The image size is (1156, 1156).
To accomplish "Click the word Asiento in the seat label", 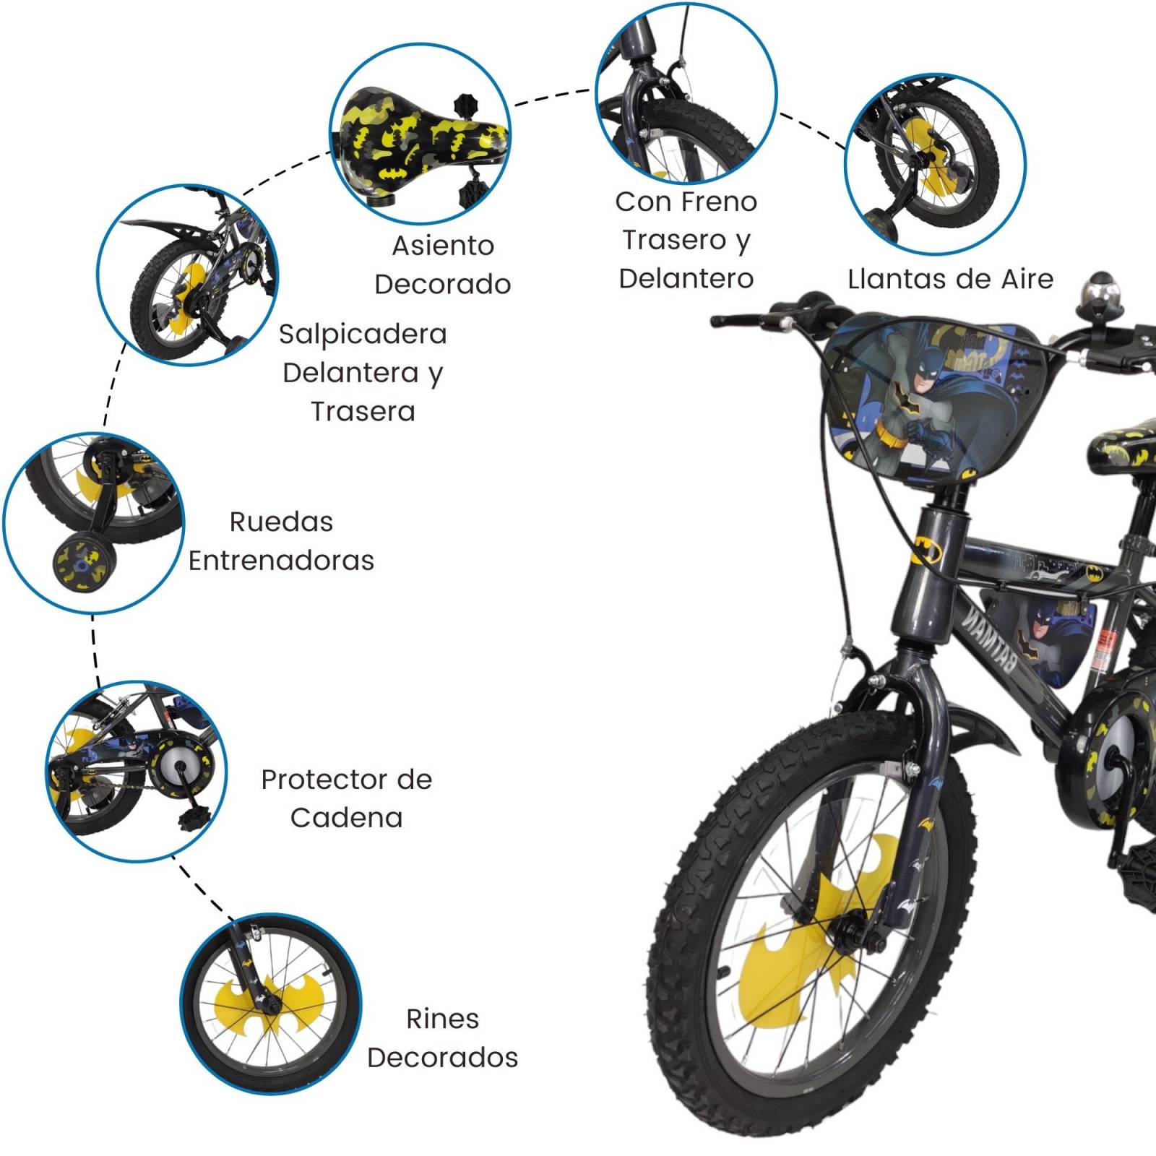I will click(x=443, y=246).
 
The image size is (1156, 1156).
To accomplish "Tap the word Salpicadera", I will click(x=363, y=334).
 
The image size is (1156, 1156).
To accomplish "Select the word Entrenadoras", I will click(x=281, y=561).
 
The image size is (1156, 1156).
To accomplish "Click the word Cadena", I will click(x=346, y=818).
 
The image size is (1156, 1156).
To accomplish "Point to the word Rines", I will click(x=442, y=1019).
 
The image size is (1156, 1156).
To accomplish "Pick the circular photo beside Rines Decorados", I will click(x=270, y=1004).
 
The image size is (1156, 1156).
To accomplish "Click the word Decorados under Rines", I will click(x=442, y=1057).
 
